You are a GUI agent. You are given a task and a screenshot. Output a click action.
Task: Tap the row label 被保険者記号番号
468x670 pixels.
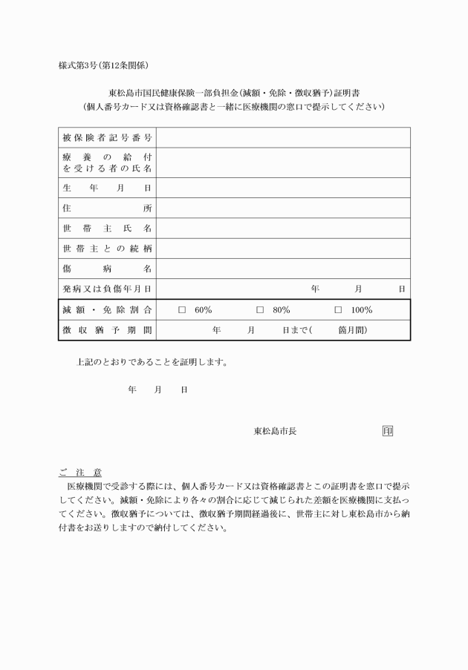107,138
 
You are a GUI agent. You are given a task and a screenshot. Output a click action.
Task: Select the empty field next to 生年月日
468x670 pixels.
283,188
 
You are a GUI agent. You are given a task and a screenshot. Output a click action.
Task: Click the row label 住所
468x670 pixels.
107,208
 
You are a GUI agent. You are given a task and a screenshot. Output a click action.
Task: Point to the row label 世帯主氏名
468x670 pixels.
107,228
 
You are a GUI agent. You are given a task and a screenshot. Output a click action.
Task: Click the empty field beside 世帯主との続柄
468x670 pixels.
283,248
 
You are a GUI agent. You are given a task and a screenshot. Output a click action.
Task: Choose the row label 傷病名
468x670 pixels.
107,268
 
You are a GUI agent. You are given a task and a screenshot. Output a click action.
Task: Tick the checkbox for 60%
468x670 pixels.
182,310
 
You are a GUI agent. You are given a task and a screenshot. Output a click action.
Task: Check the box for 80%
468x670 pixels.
260,310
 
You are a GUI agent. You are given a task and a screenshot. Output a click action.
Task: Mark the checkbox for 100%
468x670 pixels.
338,310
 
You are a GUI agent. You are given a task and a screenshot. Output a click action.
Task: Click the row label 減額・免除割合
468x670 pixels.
107,309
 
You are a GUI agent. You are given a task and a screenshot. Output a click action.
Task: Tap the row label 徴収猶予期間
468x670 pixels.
107,329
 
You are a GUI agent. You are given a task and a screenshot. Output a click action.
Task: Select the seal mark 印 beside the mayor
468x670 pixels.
387,430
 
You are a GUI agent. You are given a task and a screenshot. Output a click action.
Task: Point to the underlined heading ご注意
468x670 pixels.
80,472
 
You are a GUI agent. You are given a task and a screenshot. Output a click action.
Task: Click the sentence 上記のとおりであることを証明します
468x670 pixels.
152,363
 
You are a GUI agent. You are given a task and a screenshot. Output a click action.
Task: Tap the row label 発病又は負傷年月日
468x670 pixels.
107,288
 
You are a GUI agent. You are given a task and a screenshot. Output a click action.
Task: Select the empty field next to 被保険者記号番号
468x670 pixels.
283,138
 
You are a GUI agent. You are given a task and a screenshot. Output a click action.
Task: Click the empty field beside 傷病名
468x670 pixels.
283,268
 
